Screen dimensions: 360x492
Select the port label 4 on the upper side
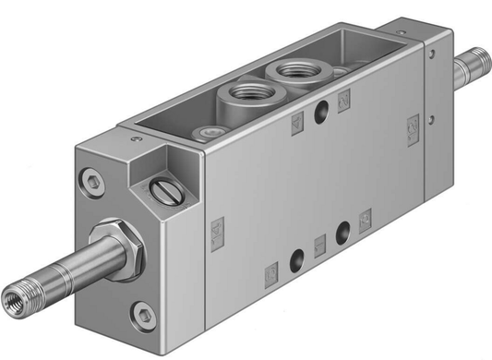click(296, 122)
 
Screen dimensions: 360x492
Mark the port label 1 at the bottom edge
click(320, 245)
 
